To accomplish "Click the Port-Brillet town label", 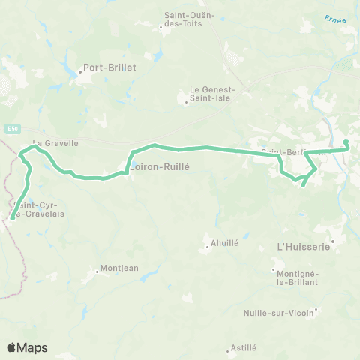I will pos(109,67).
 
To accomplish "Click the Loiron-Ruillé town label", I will pos(159,168).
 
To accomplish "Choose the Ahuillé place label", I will pos(225,243).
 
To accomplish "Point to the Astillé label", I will pos(244,348).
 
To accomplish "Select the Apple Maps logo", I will pos(27,347).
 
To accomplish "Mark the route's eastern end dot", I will pos(346,142).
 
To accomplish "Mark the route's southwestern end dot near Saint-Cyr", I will pos(12,219).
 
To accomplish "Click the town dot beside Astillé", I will pos(229,349).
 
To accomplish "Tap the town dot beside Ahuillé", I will pos(207,245).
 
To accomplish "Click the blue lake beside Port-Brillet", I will pos(79,73).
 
